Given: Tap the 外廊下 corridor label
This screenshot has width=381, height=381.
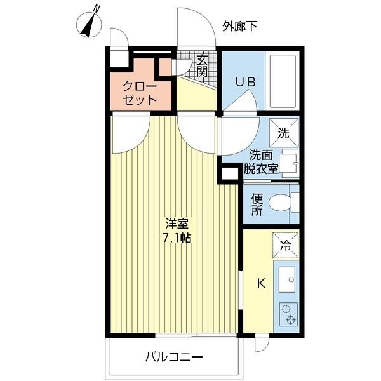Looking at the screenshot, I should tap(240, 26).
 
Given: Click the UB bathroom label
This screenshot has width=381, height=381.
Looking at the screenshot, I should tap(245, 82).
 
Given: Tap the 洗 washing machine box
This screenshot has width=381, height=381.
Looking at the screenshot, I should tap(284, 133).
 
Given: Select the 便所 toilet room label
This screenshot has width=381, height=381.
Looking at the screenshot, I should tap(257, 205).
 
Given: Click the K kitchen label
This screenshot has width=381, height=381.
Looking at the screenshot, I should tap(261, 284).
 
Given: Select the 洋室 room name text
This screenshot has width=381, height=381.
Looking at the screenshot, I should tap(177, 225).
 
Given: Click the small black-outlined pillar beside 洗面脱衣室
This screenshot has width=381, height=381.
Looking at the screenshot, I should tap(229, 173).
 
